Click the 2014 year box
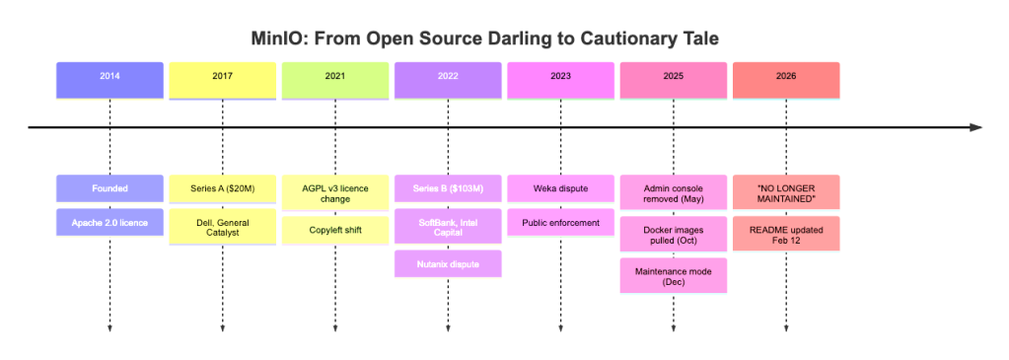(109, 76)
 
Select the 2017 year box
(222, 76)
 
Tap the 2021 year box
(335, 76)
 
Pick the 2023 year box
(560, 76)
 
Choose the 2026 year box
(785, 76)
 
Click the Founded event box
(109, 187)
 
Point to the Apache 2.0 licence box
(109, 222)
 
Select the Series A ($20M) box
(222, 187)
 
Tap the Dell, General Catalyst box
(222, 229)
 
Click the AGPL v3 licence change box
(335, 192)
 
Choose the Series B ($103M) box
(448, 187)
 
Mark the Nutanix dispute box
(448, 263)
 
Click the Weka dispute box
(560, 187)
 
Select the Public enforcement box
(560, 222)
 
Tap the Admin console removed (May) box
(673, 192)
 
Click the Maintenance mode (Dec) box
(673, 276)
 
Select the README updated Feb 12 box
(785, 234)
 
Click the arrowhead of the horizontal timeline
(975, 127)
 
